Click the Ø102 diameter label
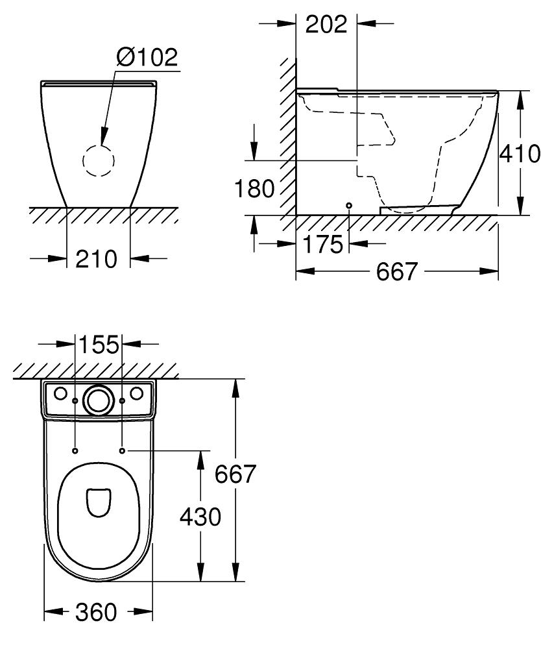[146, 57]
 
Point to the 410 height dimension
[519, 153]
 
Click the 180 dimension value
[254, 189]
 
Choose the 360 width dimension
[97, 611]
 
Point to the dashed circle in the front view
[98, 160]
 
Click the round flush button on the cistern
[99, 399]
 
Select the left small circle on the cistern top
[60, 393]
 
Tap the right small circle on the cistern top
[137, 393]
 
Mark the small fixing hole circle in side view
[349, 205]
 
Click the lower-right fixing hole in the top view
[123, 450]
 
